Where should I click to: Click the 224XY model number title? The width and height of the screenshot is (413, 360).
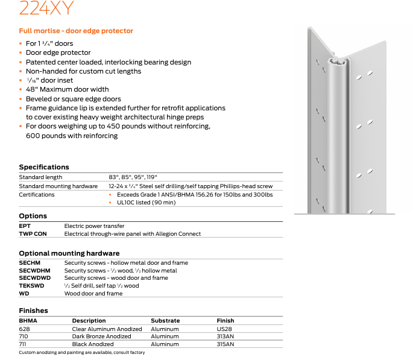[46, 8]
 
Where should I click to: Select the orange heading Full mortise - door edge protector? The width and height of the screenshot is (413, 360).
[76, 31]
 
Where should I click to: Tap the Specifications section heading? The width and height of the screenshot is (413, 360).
[44, 167]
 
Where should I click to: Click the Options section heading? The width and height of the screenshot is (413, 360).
[33, 216]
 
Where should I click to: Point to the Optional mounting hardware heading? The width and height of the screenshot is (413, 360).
[69, 253]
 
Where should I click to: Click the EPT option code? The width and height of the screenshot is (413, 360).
[25, 226]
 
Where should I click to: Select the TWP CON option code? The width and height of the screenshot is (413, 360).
[33, 233]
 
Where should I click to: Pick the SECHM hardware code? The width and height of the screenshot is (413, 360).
[30, 263]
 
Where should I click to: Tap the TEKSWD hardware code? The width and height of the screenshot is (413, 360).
[31, 286]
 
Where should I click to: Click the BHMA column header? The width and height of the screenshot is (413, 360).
[28, 321]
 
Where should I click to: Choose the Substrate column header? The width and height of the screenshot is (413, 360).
[165, 321]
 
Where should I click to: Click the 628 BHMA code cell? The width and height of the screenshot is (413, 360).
[24, 329]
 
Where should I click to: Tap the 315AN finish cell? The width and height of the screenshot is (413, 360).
[225, 344]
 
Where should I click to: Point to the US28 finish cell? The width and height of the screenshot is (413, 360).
[224, 329]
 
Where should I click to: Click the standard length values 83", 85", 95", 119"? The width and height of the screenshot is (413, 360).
[133, 177]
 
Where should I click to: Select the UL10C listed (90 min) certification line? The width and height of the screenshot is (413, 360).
[146, 203]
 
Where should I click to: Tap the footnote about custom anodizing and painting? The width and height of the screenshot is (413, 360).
[82, 352]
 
